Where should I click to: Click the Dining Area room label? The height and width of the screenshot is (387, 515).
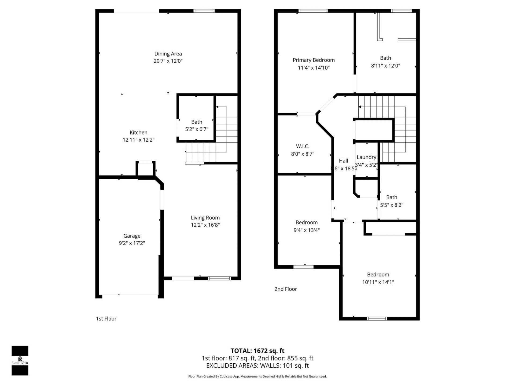(x=168, y=54)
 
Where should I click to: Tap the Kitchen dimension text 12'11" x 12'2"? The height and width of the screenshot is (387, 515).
(x=138, y=140)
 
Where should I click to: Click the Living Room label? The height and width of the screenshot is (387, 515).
(x=205, y=218)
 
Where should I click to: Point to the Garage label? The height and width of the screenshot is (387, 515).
(x=132, y=236)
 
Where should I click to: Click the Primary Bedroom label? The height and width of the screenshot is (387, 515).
(x=314, y=60)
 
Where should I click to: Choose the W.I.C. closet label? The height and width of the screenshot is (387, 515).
(x=303, y=146)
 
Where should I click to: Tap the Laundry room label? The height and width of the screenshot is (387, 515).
(x=366, y=157)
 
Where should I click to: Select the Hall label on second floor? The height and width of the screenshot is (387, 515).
(x=343, y=161)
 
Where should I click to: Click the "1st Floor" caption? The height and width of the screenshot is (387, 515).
(x=106, y=318)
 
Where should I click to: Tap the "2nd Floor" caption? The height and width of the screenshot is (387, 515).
(x=286, y=289)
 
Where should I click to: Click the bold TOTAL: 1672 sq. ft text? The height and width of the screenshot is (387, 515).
(x=257, y=351)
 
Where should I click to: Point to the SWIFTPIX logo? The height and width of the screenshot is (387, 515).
(x=20, y=361)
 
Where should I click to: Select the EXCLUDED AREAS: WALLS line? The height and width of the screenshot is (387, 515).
(x=257, y=365)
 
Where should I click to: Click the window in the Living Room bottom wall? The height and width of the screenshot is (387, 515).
(x=219, y=278)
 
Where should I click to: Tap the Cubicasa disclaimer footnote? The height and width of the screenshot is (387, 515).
(x=257, y=377)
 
